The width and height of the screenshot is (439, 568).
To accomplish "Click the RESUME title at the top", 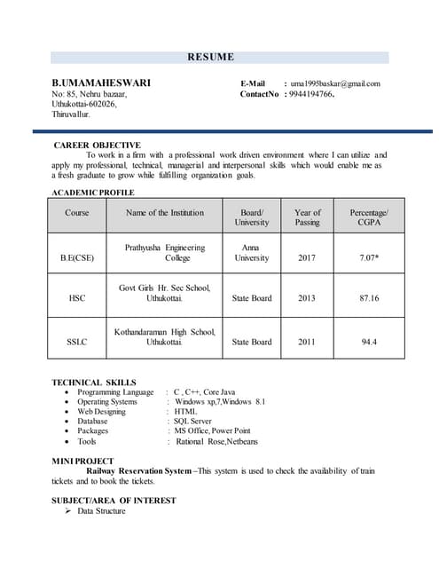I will coord(210,58).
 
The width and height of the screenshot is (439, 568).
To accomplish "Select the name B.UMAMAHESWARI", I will coord(101,83).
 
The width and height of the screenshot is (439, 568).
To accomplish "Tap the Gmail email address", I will coord(336,83).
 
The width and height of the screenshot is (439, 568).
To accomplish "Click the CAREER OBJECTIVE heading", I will coord(97,145).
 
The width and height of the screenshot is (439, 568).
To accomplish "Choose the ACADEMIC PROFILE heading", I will coord(93,193).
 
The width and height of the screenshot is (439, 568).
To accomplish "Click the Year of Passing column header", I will coord(307,217).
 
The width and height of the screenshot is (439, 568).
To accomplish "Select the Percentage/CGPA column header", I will coord(369,217).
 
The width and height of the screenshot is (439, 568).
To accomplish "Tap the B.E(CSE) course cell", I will coord(77,258).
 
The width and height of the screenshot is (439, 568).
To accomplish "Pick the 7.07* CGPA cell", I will coord(370,258).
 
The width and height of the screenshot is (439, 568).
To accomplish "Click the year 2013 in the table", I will coord(307,298).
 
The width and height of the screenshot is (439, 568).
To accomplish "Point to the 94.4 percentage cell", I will coord(369,342).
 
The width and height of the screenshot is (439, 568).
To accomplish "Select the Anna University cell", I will coord(251,253).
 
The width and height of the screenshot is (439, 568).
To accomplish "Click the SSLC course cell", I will coord(77,342).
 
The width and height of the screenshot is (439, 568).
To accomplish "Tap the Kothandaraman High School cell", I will coord(165,336).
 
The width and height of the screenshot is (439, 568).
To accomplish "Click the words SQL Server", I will coord(193,421).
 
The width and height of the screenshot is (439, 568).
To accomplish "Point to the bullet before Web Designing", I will coord(68,412).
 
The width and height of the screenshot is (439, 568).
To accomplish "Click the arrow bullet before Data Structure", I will coord(68,511).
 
